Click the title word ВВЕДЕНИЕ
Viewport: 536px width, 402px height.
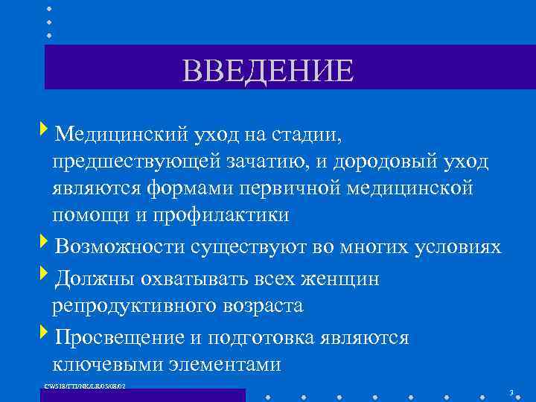(x=268, y=71)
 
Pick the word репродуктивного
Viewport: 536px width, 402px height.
(x=141, y=305)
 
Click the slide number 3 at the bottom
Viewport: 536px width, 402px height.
(x=511, y=392)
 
